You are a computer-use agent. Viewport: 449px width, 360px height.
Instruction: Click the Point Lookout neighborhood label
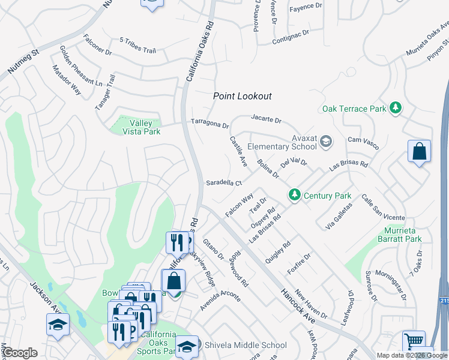(243, 96)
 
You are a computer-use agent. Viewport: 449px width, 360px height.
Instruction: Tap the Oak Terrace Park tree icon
(395, 108)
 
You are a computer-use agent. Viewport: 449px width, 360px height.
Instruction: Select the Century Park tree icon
(294, 195)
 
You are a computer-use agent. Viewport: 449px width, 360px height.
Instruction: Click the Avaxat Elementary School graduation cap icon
(325, 142)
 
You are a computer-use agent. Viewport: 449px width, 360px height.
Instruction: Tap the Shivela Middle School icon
(187, 345)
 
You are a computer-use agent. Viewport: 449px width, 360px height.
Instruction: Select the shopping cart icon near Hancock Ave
(414, 341)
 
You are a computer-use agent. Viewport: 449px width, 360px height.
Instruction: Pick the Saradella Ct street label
(223, 183)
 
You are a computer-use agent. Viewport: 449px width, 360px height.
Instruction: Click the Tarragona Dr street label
(210, 123)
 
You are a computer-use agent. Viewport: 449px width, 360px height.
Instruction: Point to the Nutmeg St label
(23, 62)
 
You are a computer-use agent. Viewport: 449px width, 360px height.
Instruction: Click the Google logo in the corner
(20, 353)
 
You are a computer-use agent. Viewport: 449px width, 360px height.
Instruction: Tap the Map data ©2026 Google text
(411, 355)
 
